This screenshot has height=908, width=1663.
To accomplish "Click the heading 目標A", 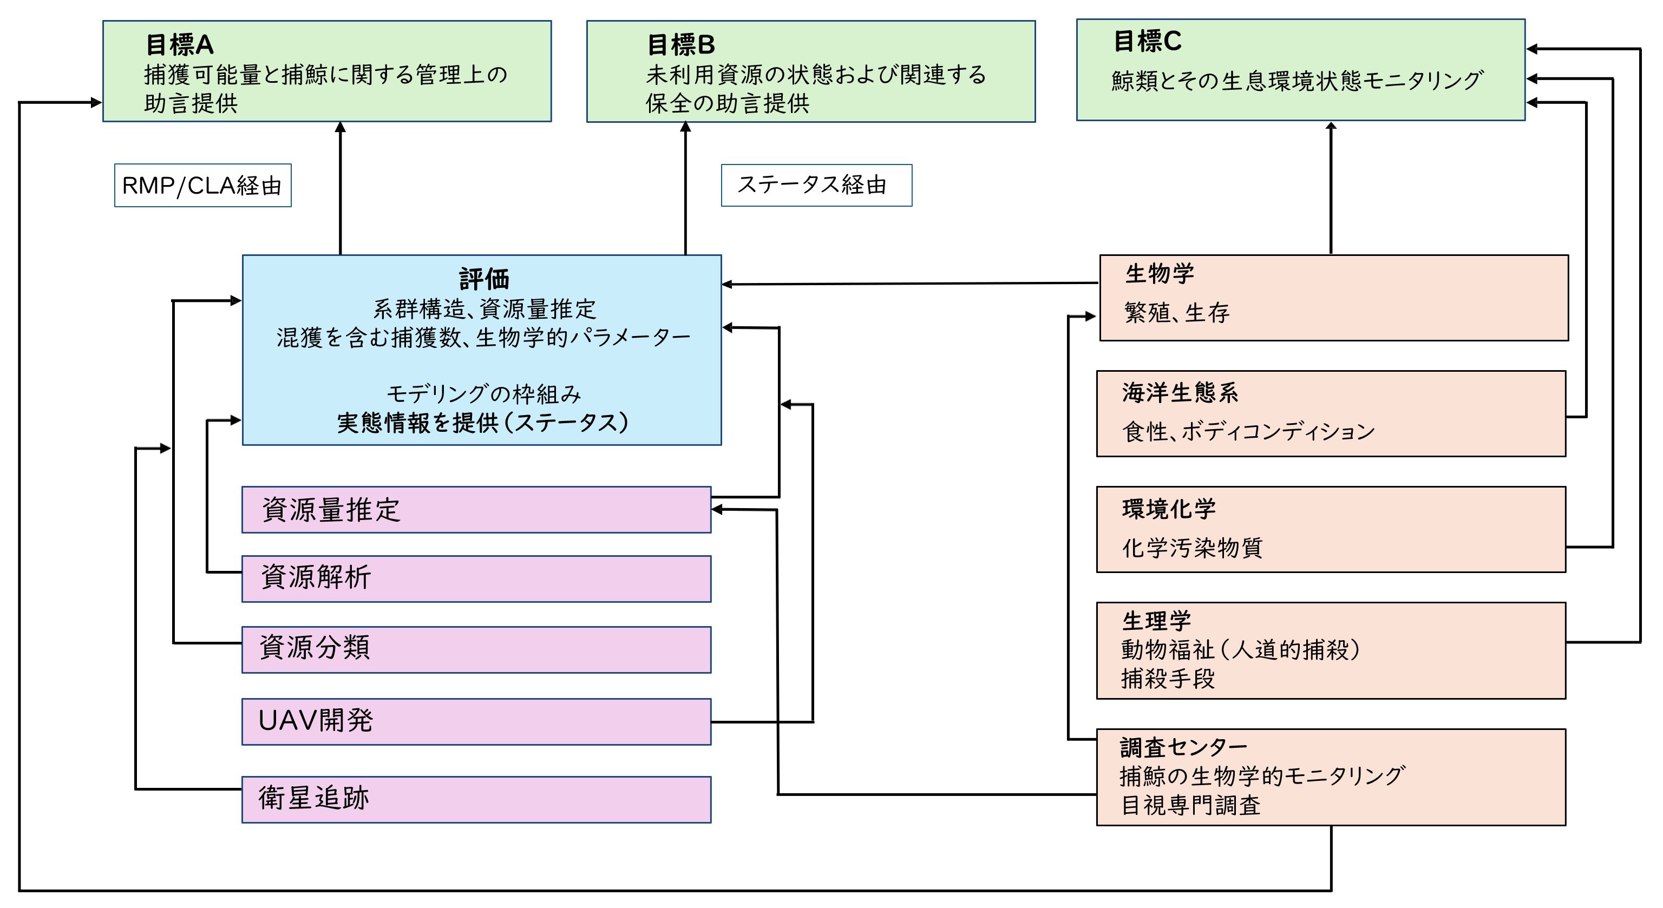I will tap(180, 44).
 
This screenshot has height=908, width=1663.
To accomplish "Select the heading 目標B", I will tap(680, 44).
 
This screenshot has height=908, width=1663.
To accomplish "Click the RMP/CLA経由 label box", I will tap(202, 186).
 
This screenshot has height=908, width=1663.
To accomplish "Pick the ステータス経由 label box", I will tap(815, 185).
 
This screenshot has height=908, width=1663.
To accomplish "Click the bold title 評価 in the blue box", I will tap(483, 279).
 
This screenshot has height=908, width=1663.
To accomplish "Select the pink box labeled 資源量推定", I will tap(476, 510).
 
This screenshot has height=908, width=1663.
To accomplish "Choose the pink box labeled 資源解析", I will tap(476, 579).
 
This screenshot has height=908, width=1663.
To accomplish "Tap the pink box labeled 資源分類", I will tap(476, 649).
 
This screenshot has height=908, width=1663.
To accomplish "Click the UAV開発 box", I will tap(476, 721).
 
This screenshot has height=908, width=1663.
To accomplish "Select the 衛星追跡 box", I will tap(476, 799).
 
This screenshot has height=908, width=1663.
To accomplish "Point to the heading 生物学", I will tap(1159, 274).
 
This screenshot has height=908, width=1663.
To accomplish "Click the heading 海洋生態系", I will tap(1180, 392).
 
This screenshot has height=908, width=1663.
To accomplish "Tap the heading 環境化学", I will tap(1169, 509).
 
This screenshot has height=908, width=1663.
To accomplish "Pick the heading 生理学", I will tap(1156, 621).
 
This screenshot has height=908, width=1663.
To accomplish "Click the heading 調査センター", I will tap(1183, 747).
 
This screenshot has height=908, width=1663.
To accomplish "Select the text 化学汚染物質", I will tap(1191, 548).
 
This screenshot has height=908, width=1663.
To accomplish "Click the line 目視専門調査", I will tap(1190, 805).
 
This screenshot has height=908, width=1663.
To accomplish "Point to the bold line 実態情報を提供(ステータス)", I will tap(482, 423).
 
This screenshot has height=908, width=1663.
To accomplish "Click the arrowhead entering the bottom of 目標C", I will tap(1331, 127).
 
